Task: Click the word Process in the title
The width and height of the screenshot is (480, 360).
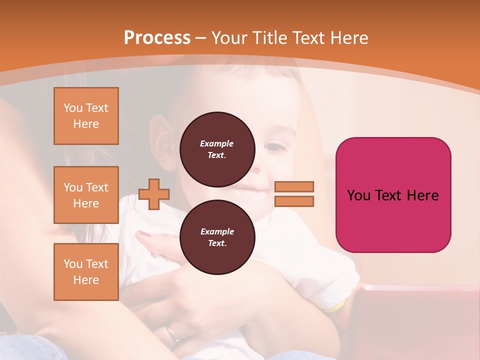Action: tap(157, 38)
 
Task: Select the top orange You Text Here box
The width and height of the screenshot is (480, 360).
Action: tap(86, 116)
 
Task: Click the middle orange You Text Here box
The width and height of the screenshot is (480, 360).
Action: tap(86, 195)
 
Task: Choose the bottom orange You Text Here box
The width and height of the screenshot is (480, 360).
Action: tap(86, 272)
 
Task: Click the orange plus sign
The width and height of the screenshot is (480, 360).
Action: tap(154, 194)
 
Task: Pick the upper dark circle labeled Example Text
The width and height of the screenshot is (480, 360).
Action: tap(217, 149)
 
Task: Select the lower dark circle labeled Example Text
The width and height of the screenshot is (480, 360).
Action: tap(217, 237)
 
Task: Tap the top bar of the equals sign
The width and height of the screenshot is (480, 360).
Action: tap(294, 186)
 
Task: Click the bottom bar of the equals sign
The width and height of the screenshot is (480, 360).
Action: tap(294, 201)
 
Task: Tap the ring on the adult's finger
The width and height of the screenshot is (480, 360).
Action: tap(173, 334)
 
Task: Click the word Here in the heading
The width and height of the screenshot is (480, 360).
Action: tap(348, 38)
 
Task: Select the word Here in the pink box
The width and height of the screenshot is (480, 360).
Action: tap(423, 195)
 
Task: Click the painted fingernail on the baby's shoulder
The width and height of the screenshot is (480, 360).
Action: tap(144, 233)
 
